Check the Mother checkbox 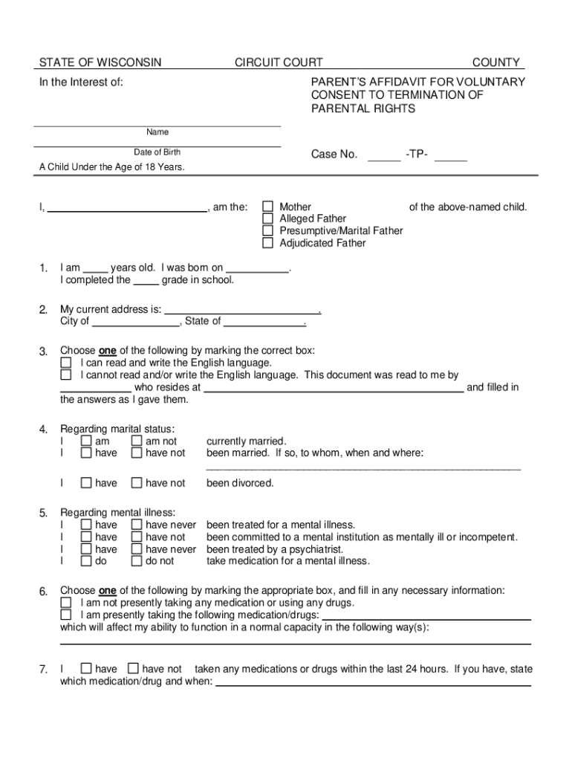tap(267, 207)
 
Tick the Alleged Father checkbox tap(267, 218)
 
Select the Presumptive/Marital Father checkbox tap(267, 230)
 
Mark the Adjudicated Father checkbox tap(267, 243)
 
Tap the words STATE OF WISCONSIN tap(100, 62)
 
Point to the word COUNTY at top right tap(496, 62)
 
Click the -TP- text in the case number tap(417, 155)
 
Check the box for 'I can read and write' tap(66, 363)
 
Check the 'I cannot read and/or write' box tap(66, 375)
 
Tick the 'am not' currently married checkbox tap(137, 441)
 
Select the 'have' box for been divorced tap(86, 483)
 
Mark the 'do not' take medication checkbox tap(137, 561)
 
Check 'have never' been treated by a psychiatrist tap(137, 549)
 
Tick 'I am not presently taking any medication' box tap(66, 603)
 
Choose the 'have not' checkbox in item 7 tap(133, 669)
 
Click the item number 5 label tap(44, 514)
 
